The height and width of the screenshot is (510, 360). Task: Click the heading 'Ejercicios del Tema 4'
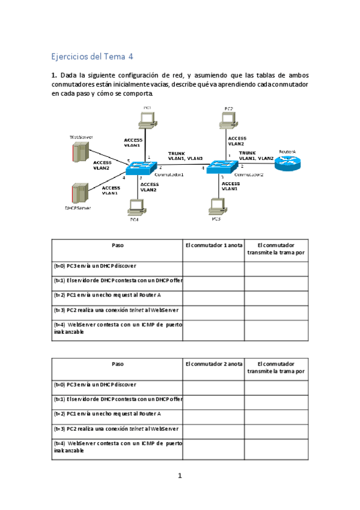point(93,57)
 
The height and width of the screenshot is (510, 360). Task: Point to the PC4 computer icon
point(135,207)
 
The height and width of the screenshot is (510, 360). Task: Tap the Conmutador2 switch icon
point(223,167)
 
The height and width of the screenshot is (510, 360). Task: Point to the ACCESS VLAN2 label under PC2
point(236,141)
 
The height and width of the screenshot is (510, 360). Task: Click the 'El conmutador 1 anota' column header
point(213,245)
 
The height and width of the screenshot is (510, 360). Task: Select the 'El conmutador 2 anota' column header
point(213,364)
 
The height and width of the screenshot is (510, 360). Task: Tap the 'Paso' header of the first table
point(117,245)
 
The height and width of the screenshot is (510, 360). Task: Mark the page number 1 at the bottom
point(180,476)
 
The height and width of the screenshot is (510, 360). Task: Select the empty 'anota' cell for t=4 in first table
point(213,330)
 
